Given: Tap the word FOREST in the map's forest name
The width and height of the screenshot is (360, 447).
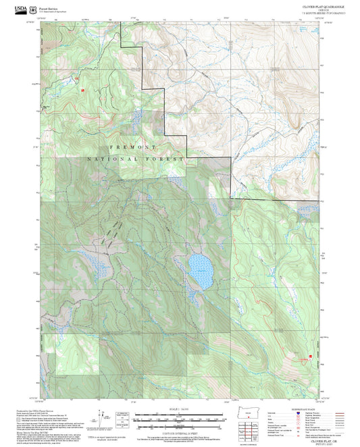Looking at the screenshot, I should point(168,159).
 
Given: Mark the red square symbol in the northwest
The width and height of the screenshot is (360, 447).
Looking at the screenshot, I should point(83,88).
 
